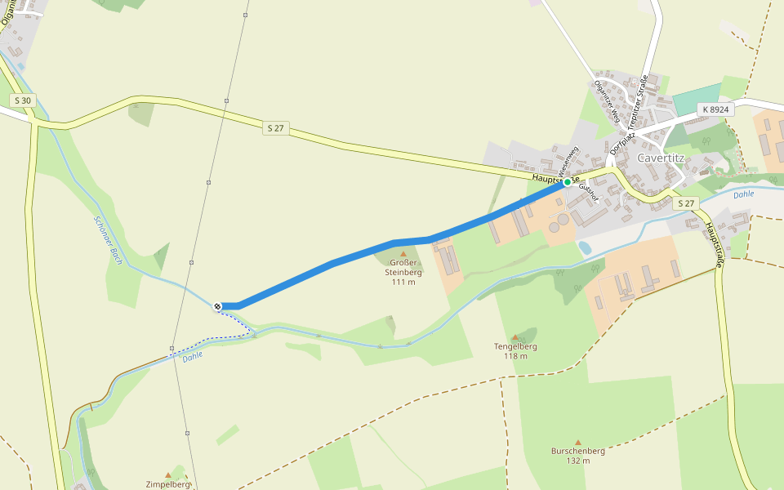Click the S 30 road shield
23,100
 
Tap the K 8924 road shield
715,109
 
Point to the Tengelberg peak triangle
514,336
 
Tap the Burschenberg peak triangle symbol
578,442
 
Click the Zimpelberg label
167,484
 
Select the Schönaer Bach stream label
108,240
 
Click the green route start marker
568,182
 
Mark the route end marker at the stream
218,306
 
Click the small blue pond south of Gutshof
585,247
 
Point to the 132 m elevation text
578,461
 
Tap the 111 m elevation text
403,283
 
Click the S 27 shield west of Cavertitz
275,128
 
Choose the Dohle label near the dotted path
193,356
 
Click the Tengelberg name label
515,346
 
